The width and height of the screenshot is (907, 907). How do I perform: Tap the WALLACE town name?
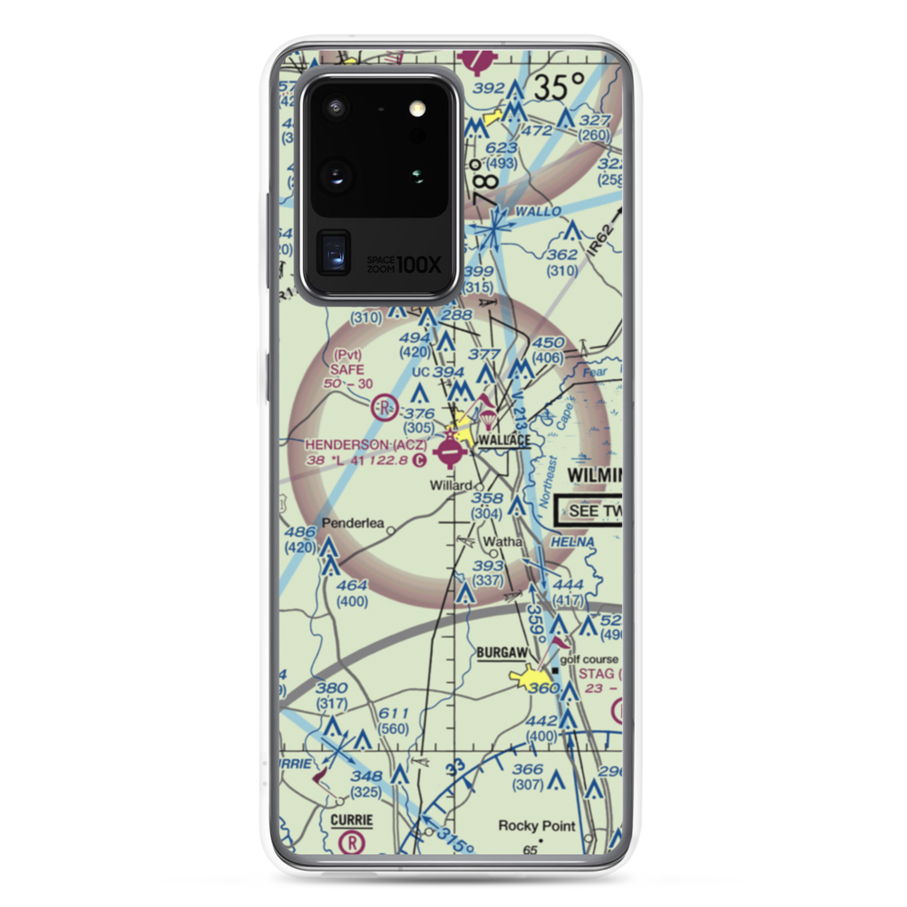pos(504,441)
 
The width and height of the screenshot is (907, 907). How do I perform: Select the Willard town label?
pos(451,485)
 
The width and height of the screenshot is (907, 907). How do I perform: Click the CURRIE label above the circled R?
pos(351,819)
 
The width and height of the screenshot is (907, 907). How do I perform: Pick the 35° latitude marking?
pos(559,89)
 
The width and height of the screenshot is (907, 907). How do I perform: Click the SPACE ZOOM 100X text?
pos(404,264)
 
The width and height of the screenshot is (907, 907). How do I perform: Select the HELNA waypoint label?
pos(577,541)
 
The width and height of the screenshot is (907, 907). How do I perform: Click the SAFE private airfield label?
pos(346,369)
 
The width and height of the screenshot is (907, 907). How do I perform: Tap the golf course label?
pos(589,659)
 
